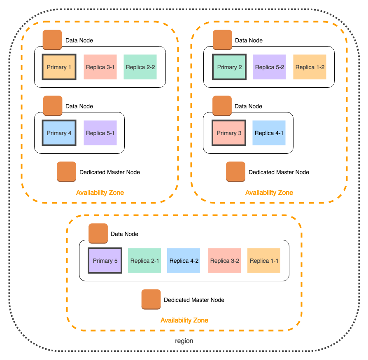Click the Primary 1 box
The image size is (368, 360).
pyautogui.click(x=59, y=67)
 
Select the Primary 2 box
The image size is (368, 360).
pyautogui.click(x=229, y=67)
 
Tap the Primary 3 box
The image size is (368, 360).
pyautogui.click(x=229, y=133)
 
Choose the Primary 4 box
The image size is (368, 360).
pyautogui.click(x=59, y=133)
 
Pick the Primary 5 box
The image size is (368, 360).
pyautogui.click(x=105, y=261)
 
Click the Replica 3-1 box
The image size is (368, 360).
pyautogui.click(x=100, y=67)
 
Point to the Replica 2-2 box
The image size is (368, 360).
pyautogui.click(x=140, y=67)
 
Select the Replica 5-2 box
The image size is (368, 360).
pyautogui.click(x=269, y=67)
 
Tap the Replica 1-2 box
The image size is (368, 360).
pyautogui.click(x=310, y=67)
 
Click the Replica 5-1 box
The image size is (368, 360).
pyautogui.click(x=100, y=133)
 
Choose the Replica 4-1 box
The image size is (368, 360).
pyautogui.click(x=269, y=133)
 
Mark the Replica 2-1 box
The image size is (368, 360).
pyautogui.click(x=144, y=261)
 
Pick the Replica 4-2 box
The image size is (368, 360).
pyautogui.click(x=184, y=261)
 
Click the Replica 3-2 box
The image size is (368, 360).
pyautogui.click(x=224, y=261)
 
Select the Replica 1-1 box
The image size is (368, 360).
pyautogui.click(x=264, y=261)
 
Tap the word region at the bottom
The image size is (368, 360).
pyautogui.click(x=184, y=341)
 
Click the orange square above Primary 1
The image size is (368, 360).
pyautogui.click(x=52, y=40)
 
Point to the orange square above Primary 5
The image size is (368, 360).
pyautogui.click(x=98, y=234)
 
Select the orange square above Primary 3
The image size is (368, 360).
pyautogui.click(x=222, y=106)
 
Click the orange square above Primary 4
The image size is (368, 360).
pyautogui.click(x=53, y=106)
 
